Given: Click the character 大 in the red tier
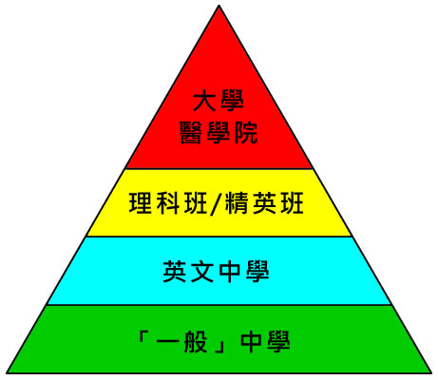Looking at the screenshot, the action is [x=204, y=101].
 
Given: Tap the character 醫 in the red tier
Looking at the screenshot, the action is [x=191, y=133].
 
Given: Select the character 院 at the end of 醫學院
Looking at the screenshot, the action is [x=246, y=133].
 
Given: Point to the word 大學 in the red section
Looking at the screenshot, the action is [x=219, y=101].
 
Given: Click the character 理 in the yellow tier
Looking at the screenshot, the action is [x=141, y=203].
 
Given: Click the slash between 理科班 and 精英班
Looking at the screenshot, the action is [x=216, y=203].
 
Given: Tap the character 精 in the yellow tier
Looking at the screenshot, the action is [x=237, y=203].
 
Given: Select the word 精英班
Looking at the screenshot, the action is [x=264, y=203].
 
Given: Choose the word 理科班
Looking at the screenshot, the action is [x=168, y=203].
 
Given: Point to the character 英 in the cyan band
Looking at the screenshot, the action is [x=175, y=272].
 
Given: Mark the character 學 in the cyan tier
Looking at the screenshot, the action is [x=257, y=272].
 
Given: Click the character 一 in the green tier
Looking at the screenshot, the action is [x=168, y=342].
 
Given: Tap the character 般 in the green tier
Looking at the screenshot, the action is [x=196, y=341].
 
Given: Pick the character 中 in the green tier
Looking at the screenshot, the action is [x=251, y=342].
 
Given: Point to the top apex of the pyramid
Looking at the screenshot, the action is [x=219, y=6].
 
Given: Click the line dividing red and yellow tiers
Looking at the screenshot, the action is [x=219, y=169].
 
